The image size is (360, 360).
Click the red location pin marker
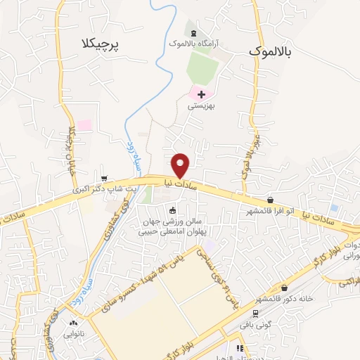[181, 165]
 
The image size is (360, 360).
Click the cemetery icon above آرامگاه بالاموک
[194, 33]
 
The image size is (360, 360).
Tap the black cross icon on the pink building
[201, 94]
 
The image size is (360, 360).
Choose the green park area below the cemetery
[202, 67]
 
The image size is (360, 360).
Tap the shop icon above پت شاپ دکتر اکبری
[105, 178]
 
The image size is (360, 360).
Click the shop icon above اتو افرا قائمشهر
[271, 200]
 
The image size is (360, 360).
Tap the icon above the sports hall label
[173, 210]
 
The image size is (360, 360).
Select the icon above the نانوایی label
[73, 323]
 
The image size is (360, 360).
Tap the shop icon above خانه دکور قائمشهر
[284, 288]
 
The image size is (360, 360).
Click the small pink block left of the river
[84, 125]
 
